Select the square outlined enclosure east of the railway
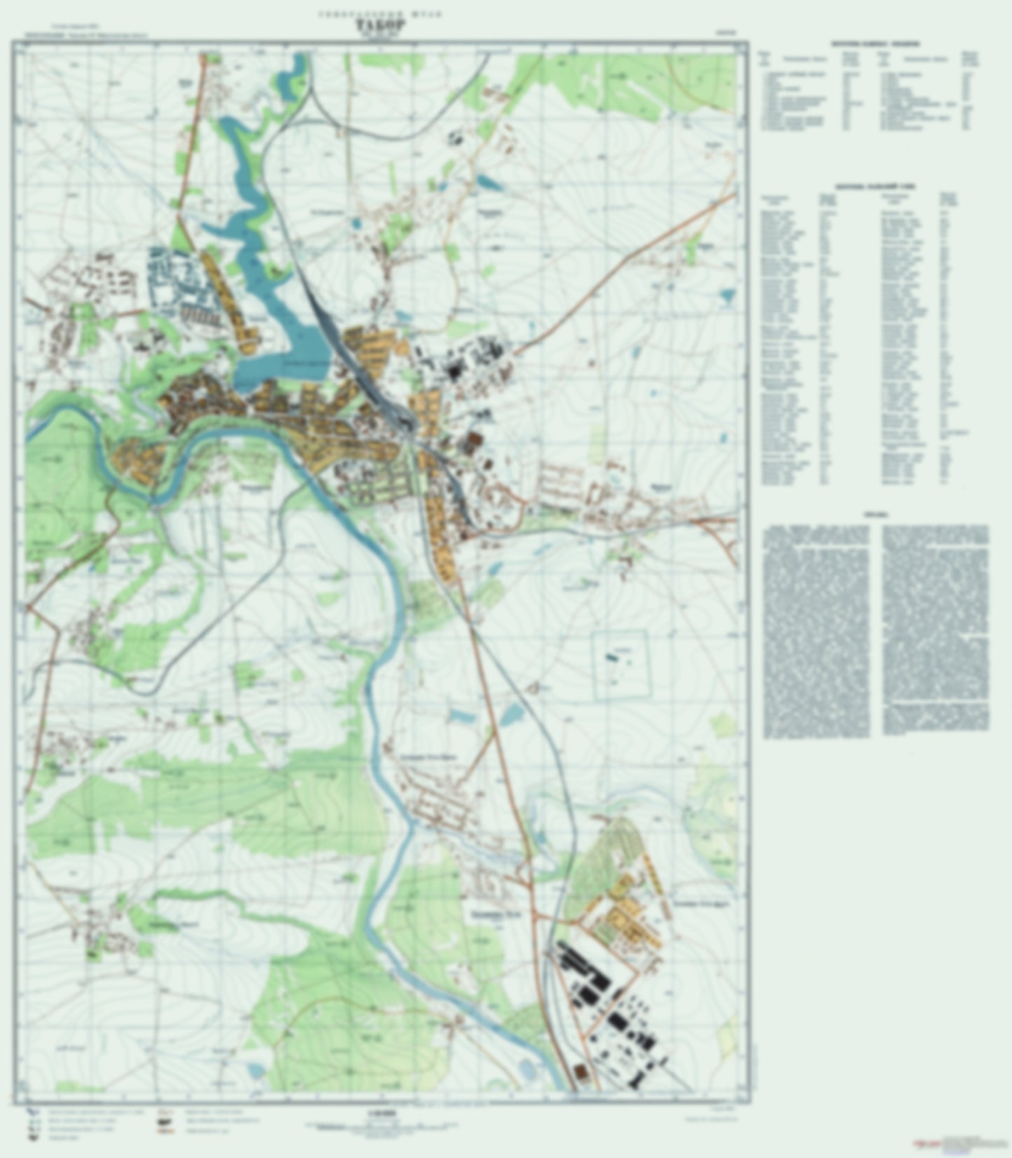[622, 664]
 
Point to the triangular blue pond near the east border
[728, 296]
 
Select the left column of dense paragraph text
[817, 630]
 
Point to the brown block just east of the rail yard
[474, 441]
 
